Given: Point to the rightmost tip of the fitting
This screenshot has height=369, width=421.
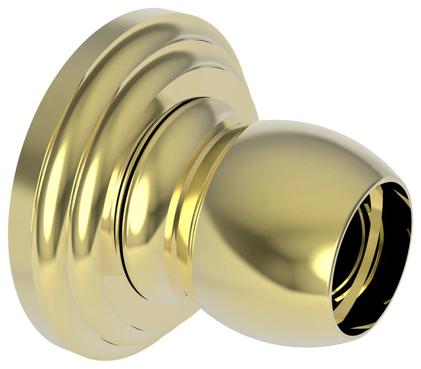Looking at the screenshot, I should click(x=414, y=217).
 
